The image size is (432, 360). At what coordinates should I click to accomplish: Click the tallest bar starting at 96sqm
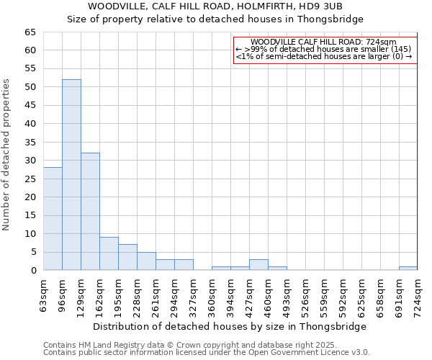[x=71, y=175]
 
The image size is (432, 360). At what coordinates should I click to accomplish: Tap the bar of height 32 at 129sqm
[x=90, y=212]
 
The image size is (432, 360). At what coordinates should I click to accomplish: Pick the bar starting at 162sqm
[x=109, y=253]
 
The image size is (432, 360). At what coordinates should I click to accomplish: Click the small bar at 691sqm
[x=408, y=269]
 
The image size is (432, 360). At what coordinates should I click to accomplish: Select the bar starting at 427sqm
[x=258, y=265]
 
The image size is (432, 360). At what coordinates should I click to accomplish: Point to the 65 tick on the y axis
[x=30, y=32]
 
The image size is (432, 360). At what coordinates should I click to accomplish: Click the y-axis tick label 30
[x=30, y=161]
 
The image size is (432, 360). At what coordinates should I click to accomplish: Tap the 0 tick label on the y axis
[x=32, y=271]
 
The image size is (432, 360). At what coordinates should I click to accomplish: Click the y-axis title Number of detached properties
[x=6, y=155]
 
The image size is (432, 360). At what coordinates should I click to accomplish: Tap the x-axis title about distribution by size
[x=230, y=326]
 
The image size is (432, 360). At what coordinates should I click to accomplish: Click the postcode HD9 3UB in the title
[x=328, y=6]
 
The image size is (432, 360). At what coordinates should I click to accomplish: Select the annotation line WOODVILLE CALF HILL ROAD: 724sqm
[x=323, y=42]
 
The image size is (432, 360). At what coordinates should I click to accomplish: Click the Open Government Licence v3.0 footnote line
[x=207, y=352]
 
